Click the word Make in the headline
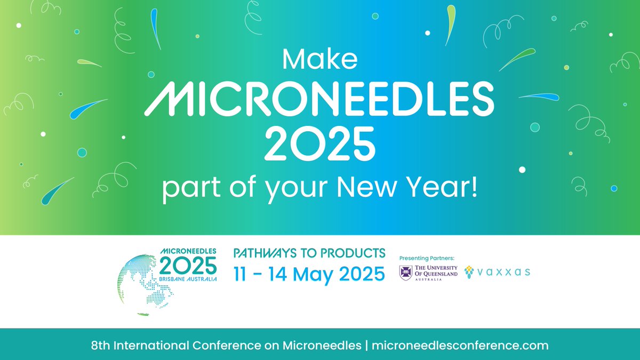point(319,59)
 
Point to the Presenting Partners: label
point(430,257)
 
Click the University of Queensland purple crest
point(406,273)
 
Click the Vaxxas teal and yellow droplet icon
point(469,273)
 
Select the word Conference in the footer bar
point(213,345)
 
